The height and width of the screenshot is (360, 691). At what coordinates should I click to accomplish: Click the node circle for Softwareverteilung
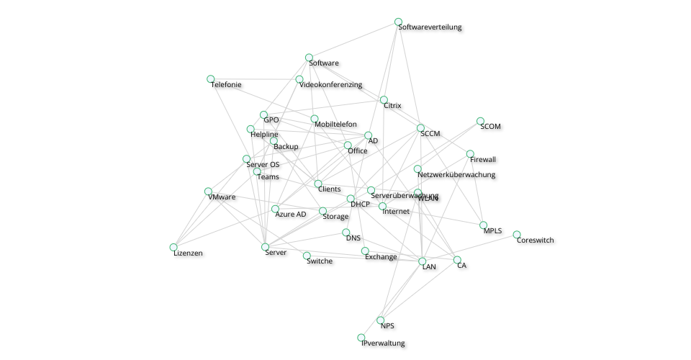tap(399, 22)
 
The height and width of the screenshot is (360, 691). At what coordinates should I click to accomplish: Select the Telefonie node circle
tap(211, 79)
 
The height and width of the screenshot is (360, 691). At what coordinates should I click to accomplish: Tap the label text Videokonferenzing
tap(330, 85)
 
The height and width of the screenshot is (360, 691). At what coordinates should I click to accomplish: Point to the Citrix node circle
tap(384, 100)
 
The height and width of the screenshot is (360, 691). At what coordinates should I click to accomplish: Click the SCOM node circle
tap(480, 121)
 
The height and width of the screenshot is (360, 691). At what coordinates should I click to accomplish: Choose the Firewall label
tap(483, 160)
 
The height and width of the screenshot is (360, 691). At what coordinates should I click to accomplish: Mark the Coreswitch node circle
tap(517, 235)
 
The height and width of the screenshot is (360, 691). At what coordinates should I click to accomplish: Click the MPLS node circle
tap(484, 225)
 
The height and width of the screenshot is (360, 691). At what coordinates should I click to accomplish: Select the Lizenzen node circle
tap(173, 247)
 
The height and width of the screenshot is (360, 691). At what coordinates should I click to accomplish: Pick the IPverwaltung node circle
tap(361, 338)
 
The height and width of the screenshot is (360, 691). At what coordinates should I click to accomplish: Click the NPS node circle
tap(381, 320)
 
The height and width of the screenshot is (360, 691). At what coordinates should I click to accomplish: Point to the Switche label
tap(320, 261)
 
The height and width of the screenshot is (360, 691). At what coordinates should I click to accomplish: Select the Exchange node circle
tap(365, 251)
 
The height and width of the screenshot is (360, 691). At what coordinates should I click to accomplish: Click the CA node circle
tap(457, 260)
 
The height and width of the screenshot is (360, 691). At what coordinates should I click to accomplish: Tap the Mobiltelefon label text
tap(335, 125)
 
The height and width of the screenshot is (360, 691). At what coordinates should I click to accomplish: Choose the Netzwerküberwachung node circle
tap(417, 169)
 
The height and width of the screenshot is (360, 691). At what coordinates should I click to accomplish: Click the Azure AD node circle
tap(275, 209)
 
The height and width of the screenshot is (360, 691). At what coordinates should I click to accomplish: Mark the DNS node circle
tap(346, 233)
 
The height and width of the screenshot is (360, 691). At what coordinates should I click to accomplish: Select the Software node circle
tap(309, 58)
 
